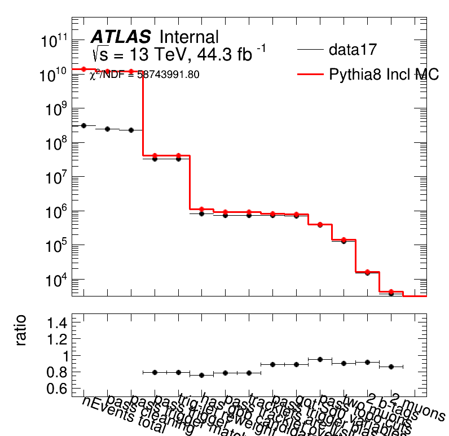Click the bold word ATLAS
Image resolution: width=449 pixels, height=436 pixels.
[x=121, y=37]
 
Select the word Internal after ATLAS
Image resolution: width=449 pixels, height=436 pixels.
[x=189, y=37]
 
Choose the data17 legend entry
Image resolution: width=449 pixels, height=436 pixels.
[x=353, y=50]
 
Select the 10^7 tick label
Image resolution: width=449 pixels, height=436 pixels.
[x=57, y=177]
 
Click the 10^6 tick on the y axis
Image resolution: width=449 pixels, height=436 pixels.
[x=57, y=212]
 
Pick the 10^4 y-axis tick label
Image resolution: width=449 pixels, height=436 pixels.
[x=57, y=280]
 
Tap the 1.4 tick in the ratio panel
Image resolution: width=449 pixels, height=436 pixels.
[x=58, y=322]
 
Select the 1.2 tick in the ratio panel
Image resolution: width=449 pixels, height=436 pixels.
[x=58, y=339]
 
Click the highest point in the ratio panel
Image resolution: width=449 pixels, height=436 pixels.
[x=320, y=359]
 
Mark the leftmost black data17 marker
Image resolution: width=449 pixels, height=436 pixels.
[x=83, y=125]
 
